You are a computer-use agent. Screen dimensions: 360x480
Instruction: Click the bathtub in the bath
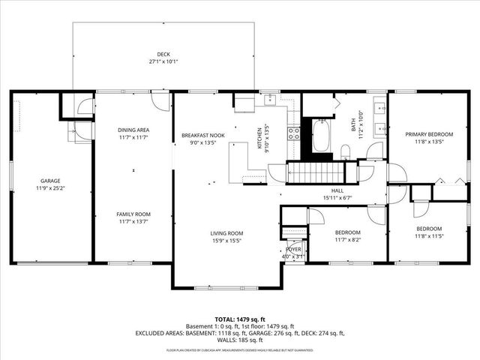322,137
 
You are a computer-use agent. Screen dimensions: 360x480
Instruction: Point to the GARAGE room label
50,181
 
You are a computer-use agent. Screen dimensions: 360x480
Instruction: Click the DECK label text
163,54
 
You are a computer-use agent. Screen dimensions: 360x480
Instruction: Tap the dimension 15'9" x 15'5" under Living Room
226,241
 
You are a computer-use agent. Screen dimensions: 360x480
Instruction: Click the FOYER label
293,250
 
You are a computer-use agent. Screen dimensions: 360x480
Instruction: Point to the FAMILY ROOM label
133,214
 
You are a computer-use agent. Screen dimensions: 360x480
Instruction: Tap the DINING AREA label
133,129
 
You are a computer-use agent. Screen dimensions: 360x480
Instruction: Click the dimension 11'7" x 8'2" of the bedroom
348,239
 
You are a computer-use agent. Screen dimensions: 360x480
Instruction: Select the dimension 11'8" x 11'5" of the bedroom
429,236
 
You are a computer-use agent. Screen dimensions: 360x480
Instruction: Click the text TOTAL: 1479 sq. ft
239,319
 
